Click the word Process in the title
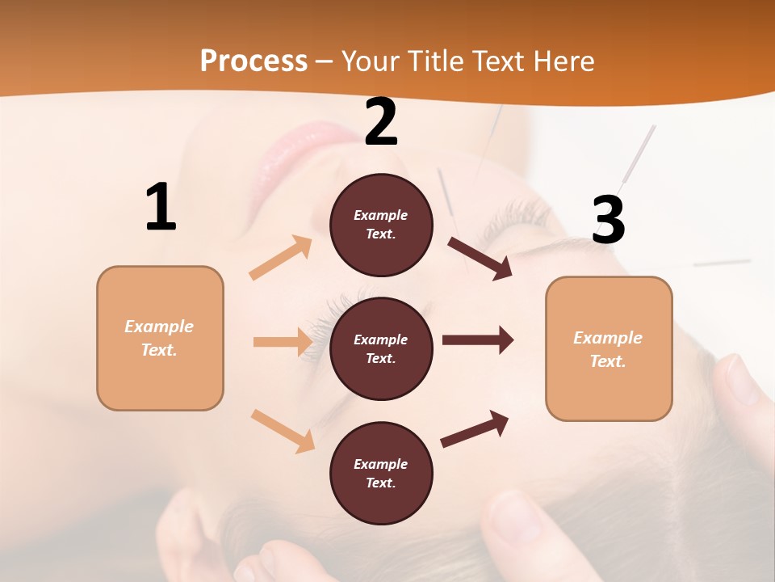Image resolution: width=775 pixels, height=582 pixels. (x=253, y=61)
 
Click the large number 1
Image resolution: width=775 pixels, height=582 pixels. (x=161, y=208)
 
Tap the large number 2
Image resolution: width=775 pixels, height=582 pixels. (x=381, y=123)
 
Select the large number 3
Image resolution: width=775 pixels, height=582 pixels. (x=608, y=221)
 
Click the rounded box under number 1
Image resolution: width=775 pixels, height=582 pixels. (x=160, y=338)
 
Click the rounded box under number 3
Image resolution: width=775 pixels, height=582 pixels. (x=609, y=348)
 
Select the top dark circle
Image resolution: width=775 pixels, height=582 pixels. (x=381, y=225)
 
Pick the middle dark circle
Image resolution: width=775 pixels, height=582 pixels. (x=381, y=348)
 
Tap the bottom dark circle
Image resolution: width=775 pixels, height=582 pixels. (x=381, y=473)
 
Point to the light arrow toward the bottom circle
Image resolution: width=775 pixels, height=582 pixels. (x=283, y=430)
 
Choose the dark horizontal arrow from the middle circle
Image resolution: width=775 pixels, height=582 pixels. (x=477, y=340)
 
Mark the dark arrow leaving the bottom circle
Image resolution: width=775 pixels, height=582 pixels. (x=475, y=428)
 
